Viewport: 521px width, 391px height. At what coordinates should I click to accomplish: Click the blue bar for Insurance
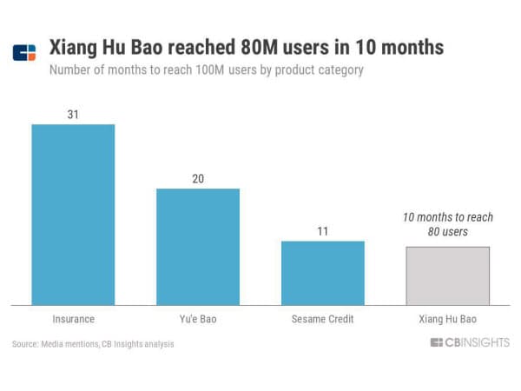click(x=73, y=214)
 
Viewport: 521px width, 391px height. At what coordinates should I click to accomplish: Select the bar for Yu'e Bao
click(x=198, y=246)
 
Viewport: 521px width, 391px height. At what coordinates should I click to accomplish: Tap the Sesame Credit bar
click(x=322, y=272)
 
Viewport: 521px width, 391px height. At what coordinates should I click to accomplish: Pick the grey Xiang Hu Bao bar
click(x=447, y=275)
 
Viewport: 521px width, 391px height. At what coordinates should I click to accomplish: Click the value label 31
click(x=73, y=113)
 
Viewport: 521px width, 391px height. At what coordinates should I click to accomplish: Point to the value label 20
click(x=198, y=178)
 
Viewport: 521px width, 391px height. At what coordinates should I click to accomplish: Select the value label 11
click(x=322, y=230)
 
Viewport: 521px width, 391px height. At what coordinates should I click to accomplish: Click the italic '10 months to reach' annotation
click(x=447, y=216)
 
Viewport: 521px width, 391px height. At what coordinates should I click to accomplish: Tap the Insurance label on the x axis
click(x=73, y=320)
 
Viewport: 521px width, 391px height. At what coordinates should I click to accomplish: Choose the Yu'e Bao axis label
click(x=198, y=320)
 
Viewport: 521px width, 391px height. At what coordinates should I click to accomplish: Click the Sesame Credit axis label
click(x=322, y=320)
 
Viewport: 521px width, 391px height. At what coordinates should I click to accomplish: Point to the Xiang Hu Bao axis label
click(x=447, y=320)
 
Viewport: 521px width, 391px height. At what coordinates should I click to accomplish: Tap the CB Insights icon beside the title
click(x=25, y=52)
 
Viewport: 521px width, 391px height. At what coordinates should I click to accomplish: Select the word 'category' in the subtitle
click(x=338, y=70)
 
